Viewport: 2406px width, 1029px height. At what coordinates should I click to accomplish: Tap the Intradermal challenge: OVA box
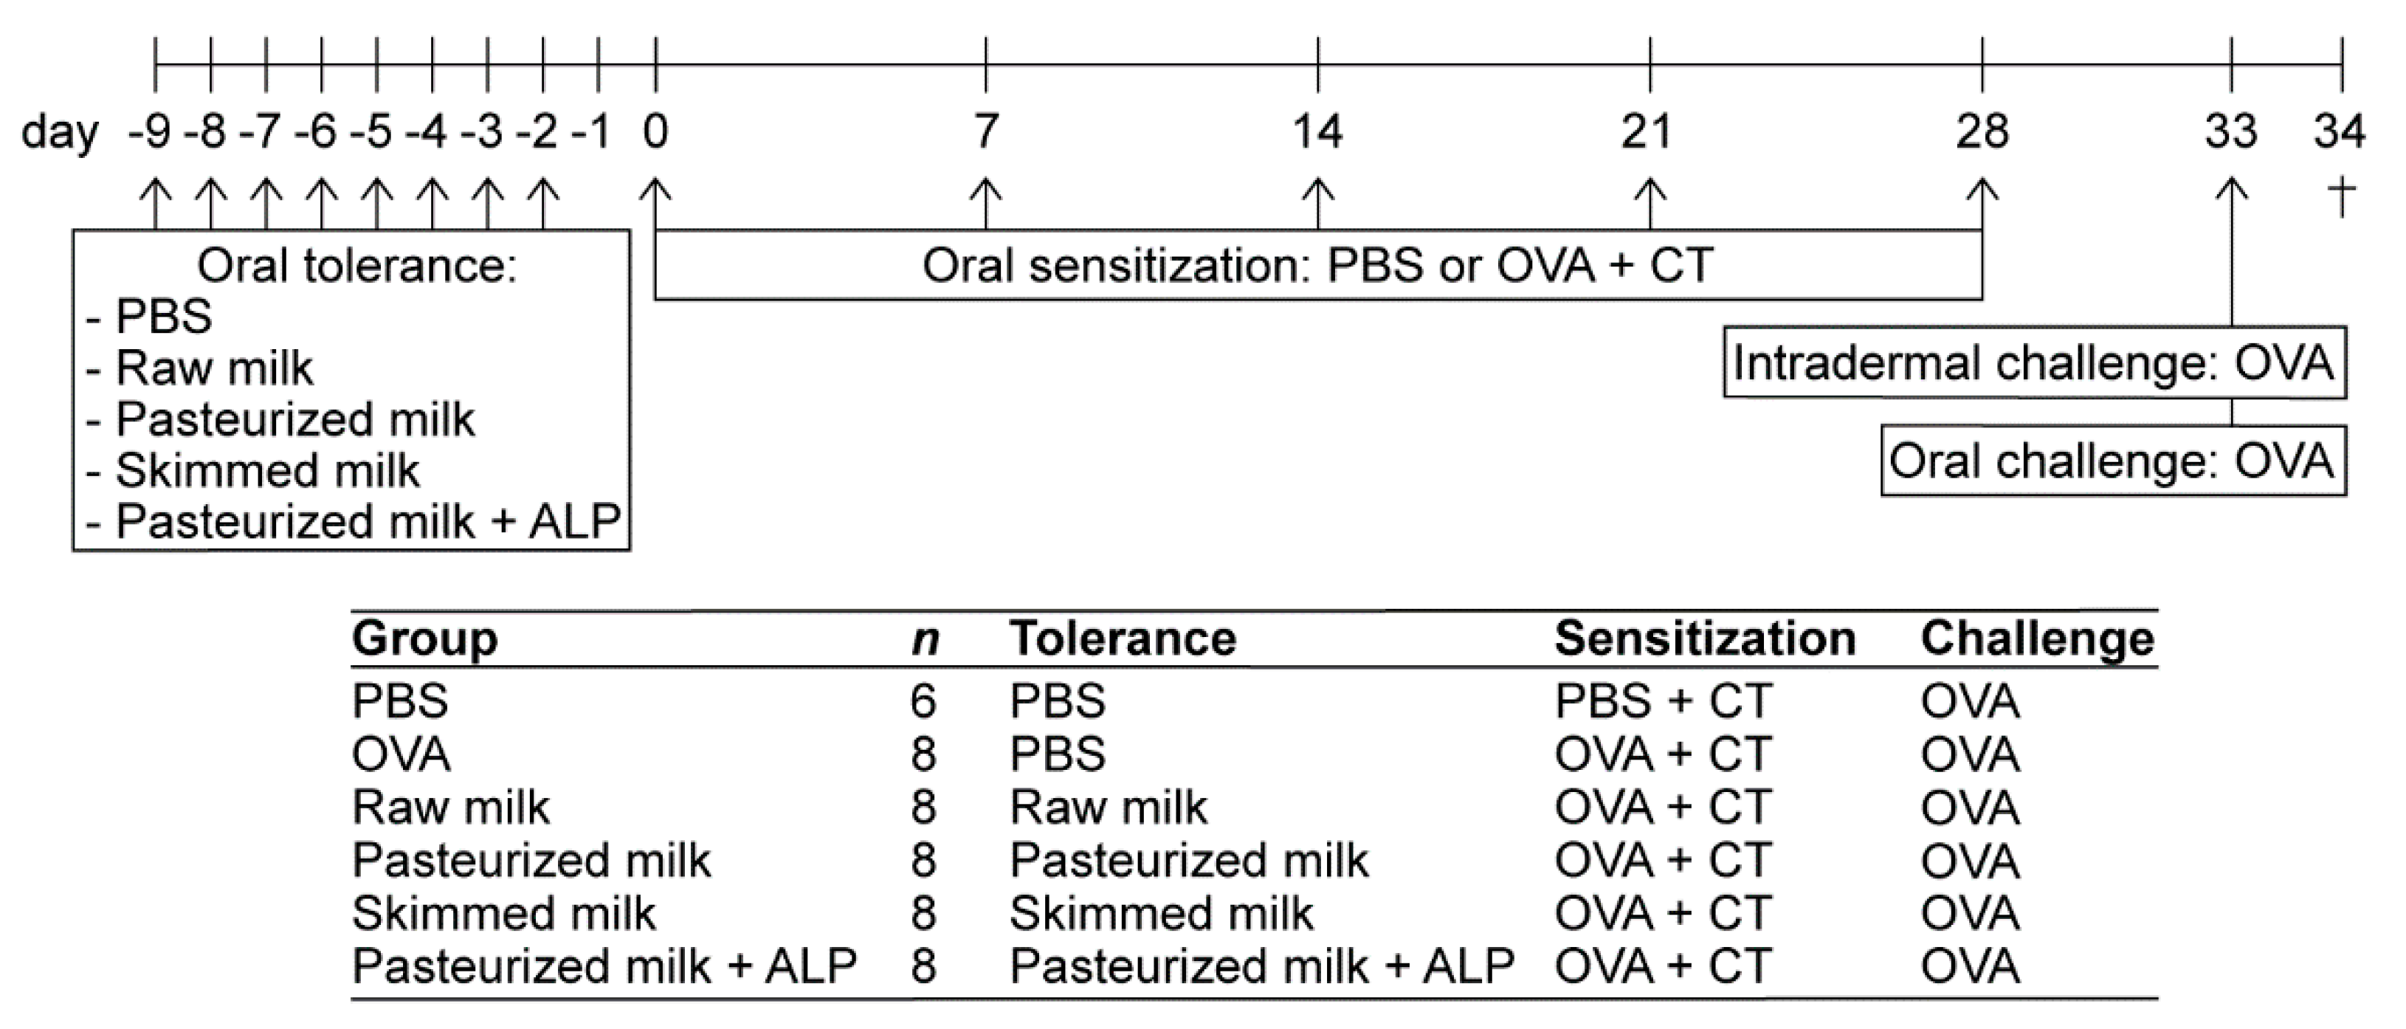pyautogui.click(x=2033, y=362)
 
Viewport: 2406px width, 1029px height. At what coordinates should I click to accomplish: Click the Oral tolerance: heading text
pyautogui.click(x=356, y=266)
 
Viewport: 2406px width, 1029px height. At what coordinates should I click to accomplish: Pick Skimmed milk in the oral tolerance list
pyautogui.click(x=267, y=469)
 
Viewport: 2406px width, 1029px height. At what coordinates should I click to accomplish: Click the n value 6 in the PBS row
pyautogui.click(x=923, y=701)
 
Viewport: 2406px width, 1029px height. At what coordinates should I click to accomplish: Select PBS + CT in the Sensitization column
pyautogui.click(x=1663, y=701)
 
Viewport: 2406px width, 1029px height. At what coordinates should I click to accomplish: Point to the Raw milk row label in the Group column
pyautogui.click(x=450, y=807)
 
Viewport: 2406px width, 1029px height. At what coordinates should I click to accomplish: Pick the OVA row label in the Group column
pyautogui.click(x=401, y=754)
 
